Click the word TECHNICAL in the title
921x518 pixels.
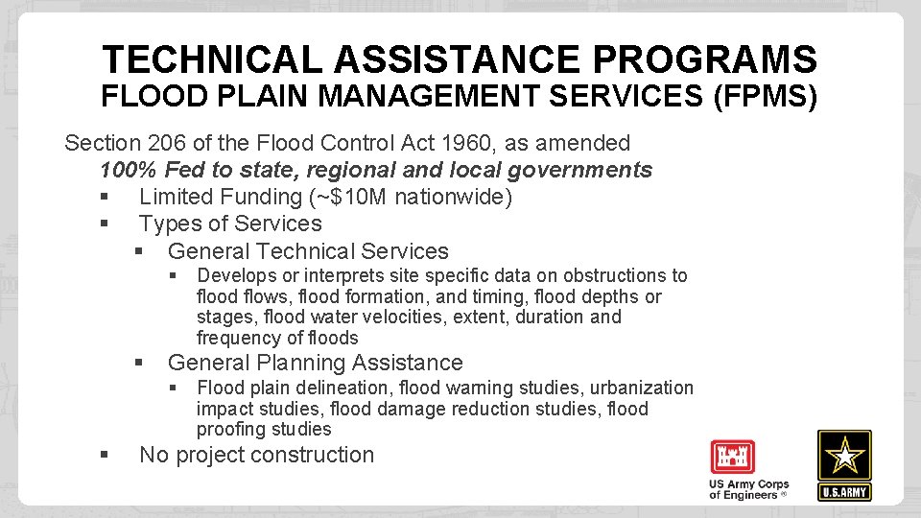point(213,59)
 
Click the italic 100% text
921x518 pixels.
point(129,171)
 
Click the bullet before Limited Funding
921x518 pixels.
point(104,198)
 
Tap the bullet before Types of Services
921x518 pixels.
point(104,224)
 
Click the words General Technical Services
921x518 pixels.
point(308,251)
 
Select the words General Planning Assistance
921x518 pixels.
point(315,363)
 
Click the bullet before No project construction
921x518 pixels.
point(104,455)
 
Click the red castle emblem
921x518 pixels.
point(733,457)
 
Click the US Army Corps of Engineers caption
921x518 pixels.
point(748,489)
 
